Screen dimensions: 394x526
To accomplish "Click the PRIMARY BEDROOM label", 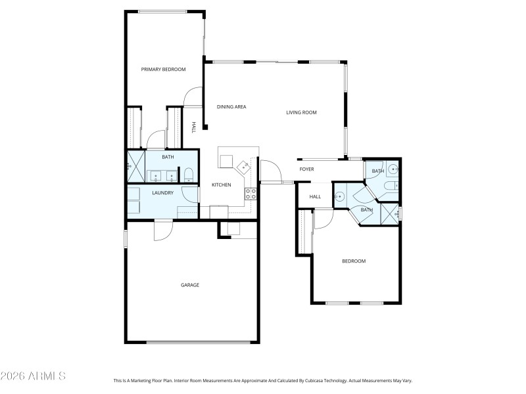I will click(163, 69).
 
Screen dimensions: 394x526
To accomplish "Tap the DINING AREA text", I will click(231, 106).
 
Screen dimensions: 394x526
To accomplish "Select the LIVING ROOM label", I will click(301, 112).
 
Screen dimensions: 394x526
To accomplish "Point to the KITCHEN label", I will click(221, 185).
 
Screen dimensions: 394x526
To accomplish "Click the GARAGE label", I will click(190, 285).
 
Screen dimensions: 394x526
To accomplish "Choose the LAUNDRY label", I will click(162, 193).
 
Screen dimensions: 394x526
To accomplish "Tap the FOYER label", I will click(307, 169).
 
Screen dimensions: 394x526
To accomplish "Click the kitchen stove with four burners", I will click(251, 194).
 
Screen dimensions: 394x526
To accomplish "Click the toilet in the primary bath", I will click(189, 175).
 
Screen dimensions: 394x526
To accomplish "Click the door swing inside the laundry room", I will click(189, 195).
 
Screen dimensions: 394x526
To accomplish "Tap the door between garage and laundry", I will click(162, 229).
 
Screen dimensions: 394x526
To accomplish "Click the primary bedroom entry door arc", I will click(193, 97).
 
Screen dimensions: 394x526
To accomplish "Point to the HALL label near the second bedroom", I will click(315, 196).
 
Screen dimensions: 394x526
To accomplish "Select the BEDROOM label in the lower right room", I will click(354, 261).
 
